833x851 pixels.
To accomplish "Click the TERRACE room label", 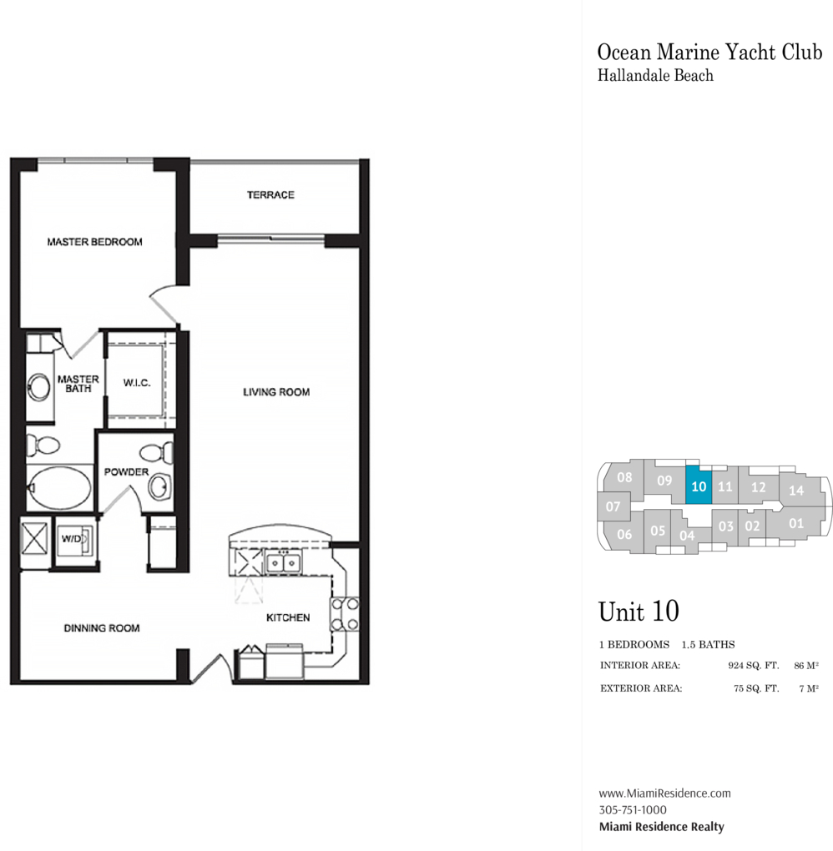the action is [x=270, y=195].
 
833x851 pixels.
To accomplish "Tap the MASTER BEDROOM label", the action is [x=94, y=242].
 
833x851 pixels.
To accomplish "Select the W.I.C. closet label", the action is [x=137, y=383].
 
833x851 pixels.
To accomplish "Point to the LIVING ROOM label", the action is [x=276, y=392].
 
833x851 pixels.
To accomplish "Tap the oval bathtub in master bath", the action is [x=60, y=487].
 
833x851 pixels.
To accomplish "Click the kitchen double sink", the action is [x=283, y=563].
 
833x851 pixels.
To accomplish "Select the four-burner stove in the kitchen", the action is [x=345, y=614].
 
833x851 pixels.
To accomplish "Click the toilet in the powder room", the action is [x=156, y=452].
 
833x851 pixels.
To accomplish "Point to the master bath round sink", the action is [x=39, y=387].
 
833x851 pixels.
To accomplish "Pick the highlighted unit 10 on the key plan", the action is [x=699, y=485].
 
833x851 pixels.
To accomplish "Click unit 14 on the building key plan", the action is [x=797, y=490].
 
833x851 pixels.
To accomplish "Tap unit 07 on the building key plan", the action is [x=613, y=506].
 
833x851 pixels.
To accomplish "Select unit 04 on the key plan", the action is [x=687, y=536].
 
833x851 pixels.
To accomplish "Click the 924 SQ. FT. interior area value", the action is [x=753, y=666].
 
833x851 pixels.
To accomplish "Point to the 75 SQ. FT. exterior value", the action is [x=756, y=688].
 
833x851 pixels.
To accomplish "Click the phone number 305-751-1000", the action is [x=633, y=810].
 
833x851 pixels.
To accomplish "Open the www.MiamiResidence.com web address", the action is [x=664, y=793].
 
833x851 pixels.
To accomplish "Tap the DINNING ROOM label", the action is [x=102, y=628].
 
